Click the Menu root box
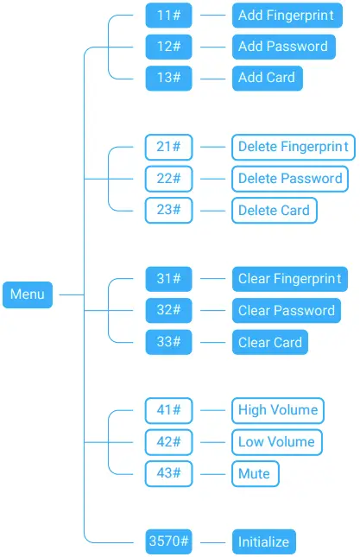point(28,294)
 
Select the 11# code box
point(168,15)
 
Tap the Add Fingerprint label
point(287,15)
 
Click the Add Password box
point(282,46)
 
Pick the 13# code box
point(168,77)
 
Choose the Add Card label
point(267,77)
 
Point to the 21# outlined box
point(168,147)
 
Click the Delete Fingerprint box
point(293,147)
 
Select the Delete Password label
point(289,179)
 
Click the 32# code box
point(168,310)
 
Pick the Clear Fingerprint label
point(289,278)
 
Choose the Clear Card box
point(270,342)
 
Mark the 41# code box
point(168,410)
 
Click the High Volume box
point(278,410)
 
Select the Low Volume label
point(276,442)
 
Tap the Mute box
point(255,473)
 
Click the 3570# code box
point(168,542)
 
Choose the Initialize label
point(264,542)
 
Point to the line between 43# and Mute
point(212,473)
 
